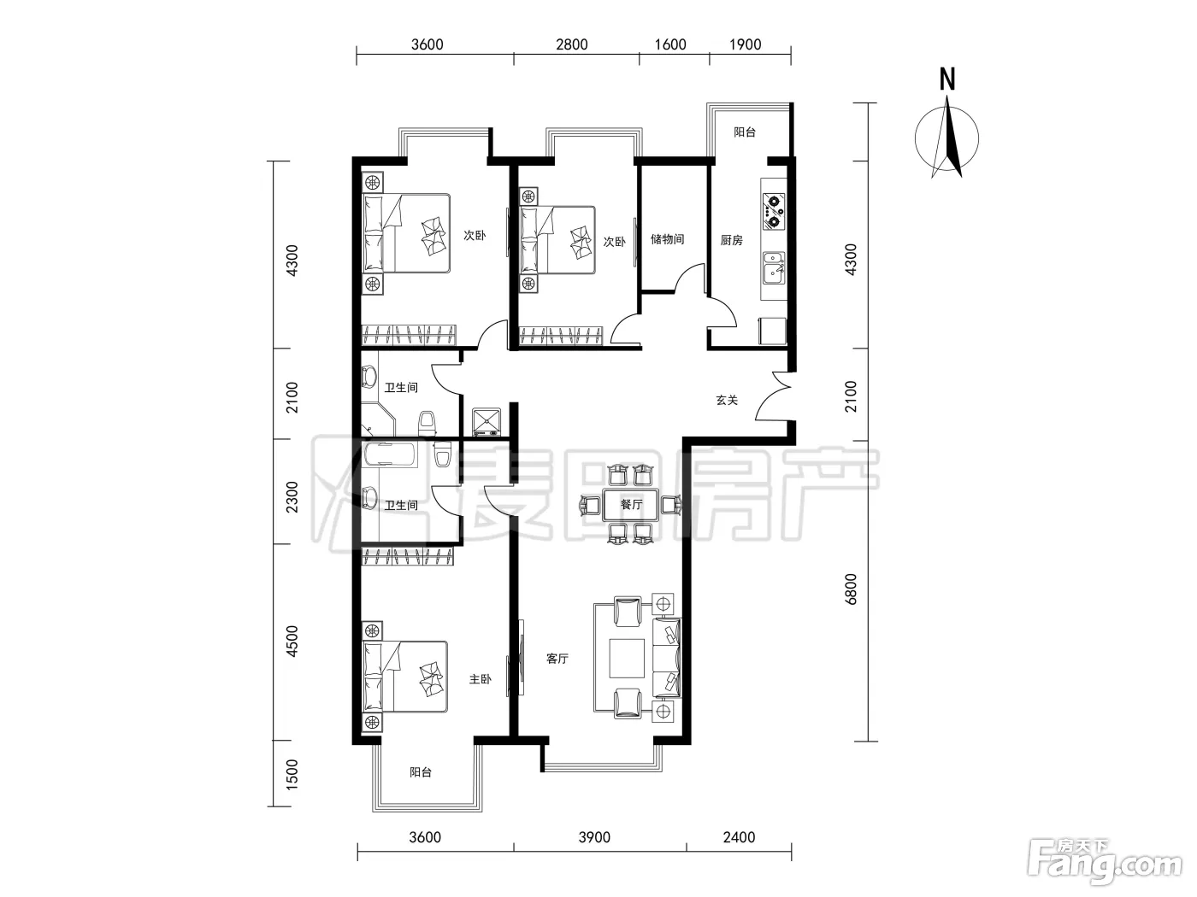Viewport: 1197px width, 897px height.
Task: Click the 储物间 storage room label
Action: (x=667, y=239)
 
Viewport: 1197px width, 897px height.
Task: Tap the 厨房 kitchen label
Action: (x=731, y=240)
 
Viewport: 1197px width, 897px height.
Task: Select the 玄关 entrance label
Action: (x=727, y=401)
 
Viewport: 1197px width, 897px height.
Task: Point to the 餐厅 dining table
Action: (x=631, y=504)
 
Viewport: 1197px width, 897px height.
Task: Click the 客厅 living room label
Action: (x=557, y=659)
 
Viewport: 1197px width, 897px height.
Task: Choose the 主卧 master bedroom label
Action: (x=481, y=679)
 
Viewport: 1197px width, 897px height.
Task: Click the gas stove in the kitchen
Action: (x=774, y=211)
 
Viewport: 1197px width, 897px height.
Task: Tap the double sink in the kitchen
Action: (x=774, y=268)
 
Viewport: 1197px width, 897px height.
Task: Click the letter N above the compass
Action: (x=948, y=79)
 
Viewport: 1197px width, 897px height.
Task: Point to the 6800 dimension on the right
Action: (x=851, y=589)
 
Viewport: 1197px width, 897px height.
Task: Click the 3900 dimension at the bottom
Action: (x=594, y=837)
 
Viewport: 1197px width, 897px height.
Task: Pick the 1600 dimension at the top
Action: (x=670, y=44)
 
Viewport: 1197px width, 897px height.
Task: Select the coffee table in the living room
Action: (x=627, y=658)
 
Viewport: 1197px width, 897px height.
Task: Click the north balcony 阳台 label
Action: (x=745, y=132)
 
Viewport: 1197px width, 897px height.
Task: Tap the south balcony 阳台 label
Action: (x=421, y=771)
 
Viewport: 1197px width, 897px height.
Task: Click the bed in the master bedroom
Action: (x=405, y=677)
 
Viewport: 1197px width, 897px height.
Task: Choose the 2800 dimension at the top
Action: (x=572, y=44)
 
